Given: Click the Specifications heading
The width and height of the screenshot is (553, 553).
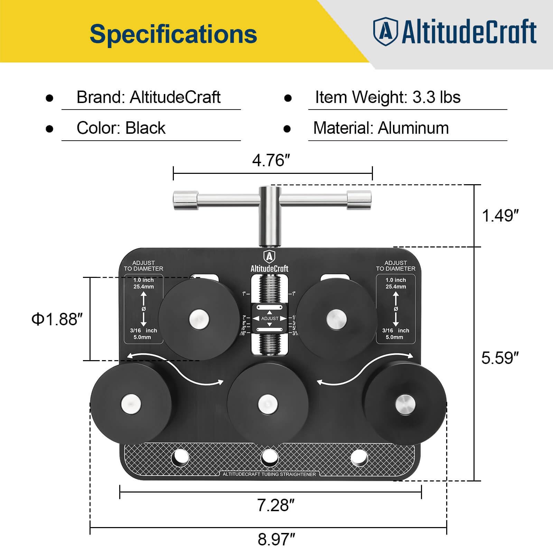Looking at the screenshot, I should click(173, 34).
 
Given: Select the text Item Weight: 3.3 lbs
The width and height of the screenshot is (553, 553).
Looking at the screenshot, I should click(388, 97).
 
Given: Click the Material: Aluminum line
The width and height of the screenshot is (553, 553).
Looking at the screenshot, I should click(381, 128).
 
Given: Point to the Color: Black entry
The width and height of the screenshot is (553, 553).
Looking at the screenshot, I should click(121, 128).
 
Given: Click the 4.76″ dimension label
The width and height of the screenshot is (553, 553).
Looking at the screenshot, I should click(271, 160).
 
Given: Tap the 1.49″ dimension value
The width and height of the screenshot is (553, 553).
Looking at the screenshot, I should click(500, 216).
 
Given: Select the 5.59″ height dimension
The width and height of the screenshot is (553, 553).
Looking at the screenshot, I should click(500, 358).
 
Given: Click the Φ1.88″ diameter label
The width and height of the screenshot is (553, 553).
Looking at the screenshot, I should click(57, 319).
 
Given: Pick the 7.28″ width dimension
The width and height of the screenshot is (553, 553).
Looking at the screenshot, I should click(275, 505).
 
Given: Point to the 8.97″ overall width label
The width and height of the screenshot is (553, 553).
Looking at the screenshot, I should click(276, 540).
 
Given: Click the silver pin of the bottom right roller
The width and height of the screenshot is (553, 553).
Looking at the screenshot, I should click(405, 404).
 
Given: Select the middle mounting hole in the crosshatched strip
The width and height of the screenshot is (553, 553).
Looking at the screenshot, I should click(270, 457).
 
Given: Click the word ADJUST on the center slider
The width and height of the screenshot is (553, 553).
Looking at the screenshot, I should click(270, 318).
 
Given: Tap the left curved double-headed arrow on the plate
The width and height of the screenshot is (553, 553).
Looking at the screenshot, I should click(175, 368).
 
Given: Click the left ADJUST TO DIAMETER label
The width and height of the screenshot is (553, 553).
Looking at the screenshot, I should click(143, 266).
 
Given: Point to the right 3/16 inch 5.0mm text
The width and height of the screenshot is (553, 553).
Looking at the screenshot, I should click(395, 334).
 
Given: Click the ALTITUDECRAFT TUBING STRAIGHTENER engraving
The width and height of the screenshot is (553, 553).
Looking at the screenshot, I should click(269, 474).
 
